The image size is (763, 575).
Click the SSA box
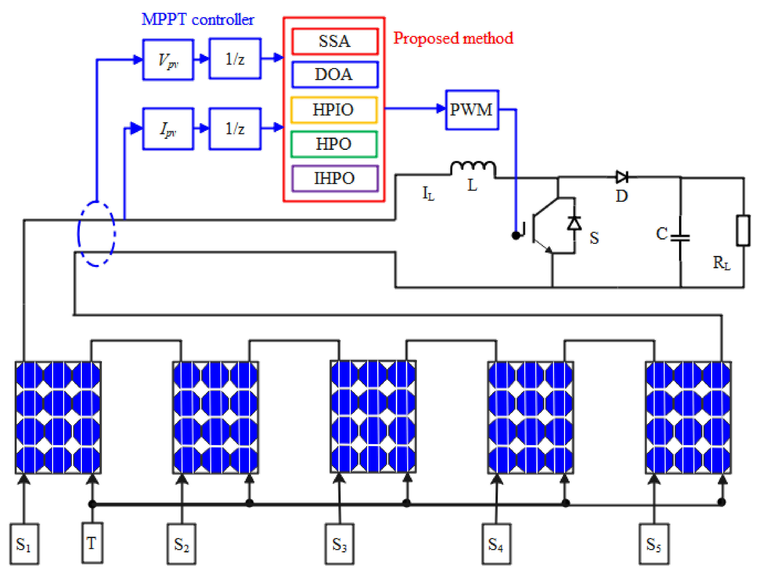[335, 41]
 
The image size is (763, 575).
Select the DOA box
[335, 74]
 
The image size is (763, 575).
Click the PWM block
[472, 110]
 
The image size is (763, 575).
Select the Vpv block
[168, 60]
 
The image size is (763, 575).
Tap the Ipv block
[168, 129]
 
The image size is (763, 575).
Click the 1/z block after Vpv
[235, 59]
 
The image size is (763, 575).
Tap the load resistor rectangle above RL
[743, 231]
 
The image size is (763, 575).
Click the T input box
[92, 543]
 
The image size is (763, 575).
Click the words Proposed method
[453, 38]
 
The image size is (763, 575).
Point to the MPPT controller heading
[198, 19]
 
